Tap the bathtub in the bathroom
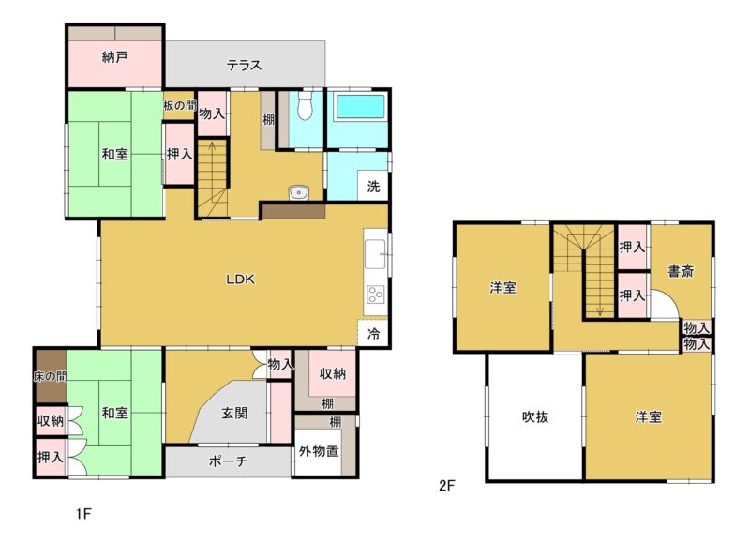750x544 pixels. click(361, 106)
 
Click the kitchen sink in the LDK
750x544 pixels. click(375, 254)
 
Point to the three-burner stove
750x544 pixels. click(375, 295)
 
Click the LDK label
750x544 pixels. click(241, 280)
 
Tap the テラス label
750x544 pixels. click(244, 65)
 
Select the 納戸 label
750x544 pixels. click(114, 58)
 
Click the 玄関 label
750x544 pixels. click(234, 413)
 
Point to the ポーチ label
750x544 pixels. click(228, 461)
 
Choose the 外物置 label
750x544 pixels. click(319, 451)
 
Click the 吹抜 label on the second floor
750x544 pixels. click(535, 417)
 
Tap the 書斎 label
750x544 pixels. click(681, 272)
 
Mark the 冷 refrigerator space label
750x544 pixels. click(373, 334)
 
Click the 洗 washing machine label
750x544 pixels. click(373, 186)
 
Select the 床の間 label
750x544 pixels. click(50, 376)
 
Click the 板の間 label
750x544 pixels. click(179, 106)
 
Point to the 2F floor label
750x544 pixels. click(447, 486)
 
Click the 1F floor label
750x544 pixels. click(82, 514)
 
